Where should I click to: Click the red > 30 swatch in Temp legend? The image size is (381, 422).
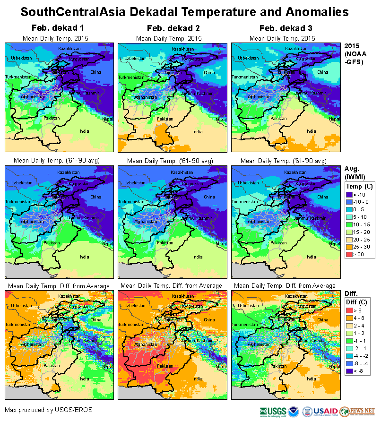(349, 255)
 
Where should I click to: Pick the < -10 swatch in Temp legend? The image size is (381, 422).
(349, 194)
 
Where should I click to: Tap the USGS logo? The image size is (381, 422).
(273, 411)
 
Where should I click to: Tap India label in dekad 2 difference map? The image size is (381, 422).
(198, 379)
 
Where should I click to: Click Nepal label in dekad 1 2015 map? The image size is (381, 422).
(108, 119)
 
